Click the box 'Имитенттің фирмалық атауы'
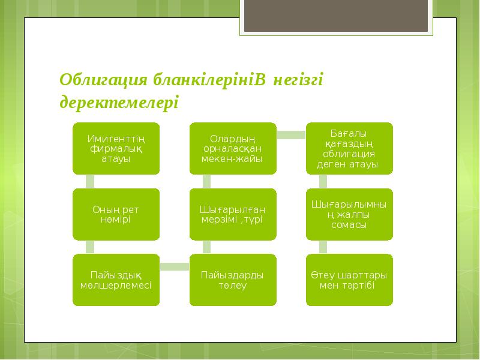pyautogui.click(x=117, y=149)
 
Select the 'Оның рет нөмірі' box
pyautogui.click(x=117, y=214)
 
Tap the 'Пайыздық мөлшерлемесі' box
pyautogui.click(x=117, y=280)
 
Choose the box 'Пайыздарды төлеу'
pyautogui.click(x=233, y=280)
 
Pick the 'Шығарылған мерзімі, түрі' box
pyautogui.click(x=233, y=214)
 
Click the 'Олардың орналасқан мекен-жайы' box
pyautogui.click(x=233, y=149)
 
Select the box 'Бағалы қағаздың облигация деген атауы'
pyautogui.click(x=349, y=149)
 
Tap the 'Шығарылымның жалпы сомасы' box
pyautogui.click(x=349, y=214)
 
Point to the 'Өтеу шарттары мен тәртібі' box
pyautogui.click(x=349, y=280)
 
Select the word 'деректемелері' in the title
pyautogui.click(x=119, y=102)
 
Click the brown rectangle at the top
pyautogui.click(x=337, y=16)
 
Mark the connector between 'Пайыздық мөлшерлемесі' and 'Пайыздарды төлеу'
pyautogui.click(x=175, y=266)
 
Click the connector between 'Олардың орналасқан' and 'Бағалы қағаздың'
pyautogui.click(x=291, y=135)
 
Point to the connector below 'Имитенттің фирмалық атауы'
pyautogui.click(x=90, y=181)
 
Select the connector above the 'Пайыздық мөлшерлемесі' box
pyautogui.click(x=90, y=247)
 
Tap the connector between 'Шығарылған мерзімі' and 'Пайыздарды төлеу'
pyautogui.click(x=206, y=247)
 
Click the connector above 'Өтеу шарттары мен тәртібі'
pyautogui.click(x=323, y=247)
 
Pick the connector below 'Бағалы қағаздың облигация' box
pyautogui.click(x=323, y=181)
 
